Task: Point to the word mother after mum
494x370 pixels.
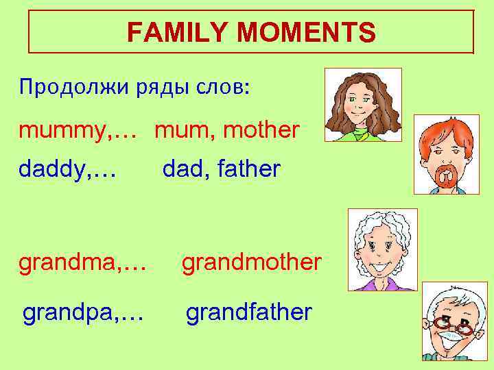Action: click(263, 129)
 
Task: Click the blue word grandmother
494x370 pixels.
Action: click(250, 262)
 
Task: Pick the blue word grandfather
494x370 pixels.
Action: click(249, 312)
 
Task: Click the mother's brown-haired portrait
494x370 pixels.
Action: click(362, 104)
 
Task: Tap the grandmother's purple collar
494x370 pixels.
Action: click(381, 282)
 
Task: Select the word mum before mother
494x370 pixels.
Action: click(180, 129)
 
